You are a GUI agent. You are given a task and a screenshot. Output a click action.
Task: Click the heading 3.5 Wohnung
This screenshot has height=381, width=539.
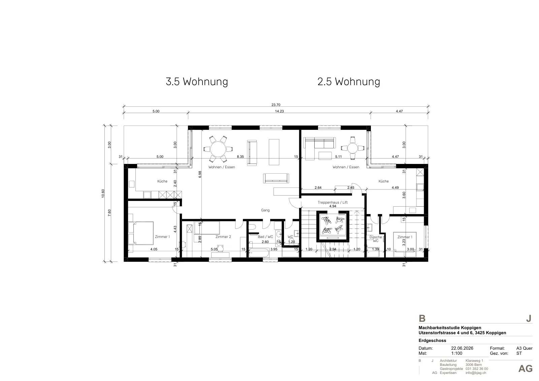pos(197,81)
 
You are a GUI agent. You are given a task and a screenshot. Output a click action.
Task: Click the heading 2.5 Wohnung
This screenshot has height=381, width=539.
pos(349,81)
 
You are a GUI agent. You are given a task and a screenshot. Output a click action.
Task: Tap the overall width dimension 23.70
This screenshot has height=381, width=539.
pos(276,105)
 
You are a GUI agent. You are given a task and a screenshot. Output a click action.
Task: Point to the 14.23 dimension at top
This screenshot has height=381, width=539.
pos(279,111)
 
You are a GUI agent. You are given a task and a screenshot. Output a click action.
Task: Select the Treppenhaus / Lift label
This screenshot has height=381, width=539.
pos(332,202)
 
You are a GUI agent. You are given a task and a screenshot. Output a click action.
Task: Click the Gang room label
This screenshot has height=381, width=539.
pos(265,210)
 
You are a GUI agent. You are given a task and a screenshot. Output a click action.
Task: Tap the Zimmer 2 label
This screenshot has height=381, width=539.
pos(223,237)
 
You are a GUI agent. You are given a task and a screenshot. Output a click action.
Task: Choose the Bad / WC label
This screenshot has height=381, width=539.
pos(265,237)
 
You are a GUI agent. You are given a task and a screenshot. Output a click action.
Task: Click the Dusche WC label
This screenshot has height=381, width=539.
pos(376,239)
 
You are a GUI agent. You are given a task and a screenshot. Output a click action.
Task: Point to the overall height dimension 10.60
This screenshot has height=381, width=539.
pos(103,194)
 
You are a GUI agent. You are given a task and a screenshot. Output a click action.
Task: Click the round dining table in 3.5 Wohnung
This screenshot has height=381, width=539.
pos(218,149)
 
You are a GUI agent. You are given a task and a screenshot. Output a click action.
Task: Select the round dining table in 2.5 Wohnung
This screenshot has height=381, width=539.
pos(352,148)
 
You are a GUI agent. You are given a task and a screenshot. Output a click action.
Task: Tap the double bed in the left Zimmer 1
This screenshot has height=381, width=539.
pos(141,233)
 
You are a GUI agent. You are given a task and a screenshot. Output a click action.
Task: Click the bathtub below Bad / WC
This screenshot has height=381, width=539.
pos(259,253)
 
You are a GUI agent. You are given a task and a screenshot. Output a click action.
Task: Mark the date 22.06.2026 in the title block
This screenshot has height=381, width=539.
pos(462,348)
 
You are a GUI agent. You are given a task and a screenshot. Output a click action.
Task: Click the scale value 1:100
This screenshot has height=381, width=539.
pos(457,353)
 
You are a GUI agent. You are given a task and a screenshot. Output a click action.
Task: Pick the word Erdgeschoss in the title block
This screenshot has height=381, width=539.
pos(432,340)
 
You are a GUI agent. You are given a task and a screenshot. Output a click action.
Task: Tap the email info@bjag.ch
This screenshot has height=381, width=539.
pos(476,373)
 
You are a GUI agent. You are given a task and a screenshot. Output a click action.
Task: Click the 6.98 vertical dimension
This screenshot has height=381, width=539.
pos(200,174)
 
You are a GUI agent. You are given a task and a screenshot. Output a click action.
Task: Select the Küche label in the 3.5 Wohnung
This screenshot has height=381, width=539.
pos(162,181)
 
